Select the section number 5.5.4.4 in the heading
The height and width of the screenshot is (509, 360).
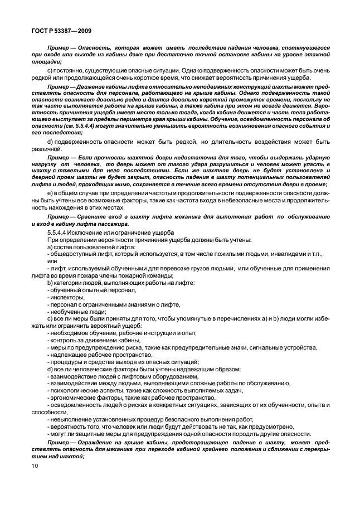tap(59, 232)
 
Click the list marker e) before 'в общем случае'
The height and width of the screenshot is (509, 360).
tap(50, 192)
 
